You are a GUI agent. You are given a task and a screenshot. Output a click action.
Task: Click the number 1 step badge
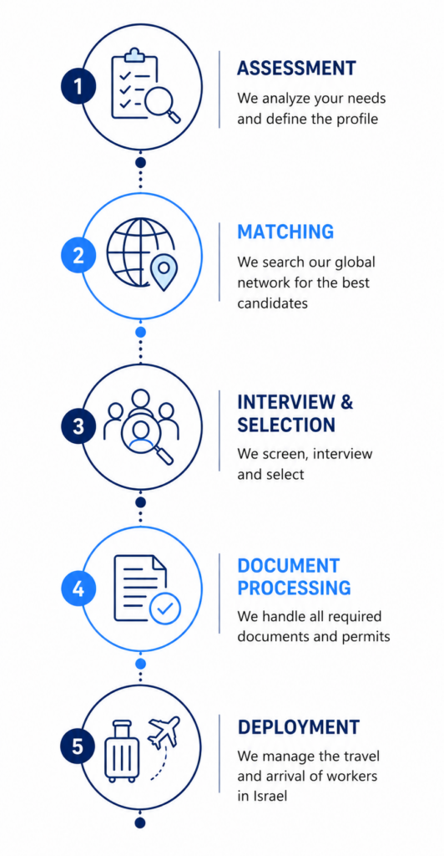(78, 87)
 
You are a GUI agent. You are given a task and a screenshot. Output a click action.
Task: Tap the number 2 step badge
(78, 256)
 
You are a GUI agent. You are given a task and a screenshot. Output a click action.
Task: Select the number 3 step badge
(78, 426)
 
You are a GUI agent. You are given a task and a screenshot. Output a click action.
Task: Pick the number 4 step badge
(78, 588)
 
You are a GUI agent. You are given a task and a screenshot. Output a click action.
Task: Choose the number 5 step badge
(78, 746)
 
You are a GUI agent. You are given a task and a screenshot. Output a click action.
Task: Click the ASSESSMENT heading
(297, 69)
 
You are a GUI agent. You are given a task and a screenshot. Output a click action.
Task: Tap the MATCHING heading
(285, 232)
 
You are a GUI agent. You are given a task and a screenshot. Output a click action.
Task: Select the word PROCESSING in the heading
(294, 588)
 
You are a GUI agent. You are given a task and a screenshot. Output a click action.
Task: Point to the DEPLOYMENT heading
(299, 727)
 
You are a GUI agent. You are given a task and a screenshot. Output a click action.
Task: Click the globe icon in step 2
(139, 252)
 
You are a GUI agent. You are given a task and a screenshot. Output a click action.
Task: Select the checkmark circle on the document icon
(165, 608)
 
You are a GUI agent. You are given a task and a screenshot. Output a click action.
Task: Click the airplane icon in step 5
(164, 732)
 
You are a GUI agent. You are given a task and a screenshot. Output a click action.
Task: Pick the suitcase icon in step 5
(123, 752)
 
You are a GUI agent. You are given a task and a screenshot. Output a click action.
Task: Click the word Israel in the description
(269, 796)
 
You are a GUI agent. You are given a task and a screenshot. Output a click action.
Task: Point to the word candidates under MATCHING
(272, 303)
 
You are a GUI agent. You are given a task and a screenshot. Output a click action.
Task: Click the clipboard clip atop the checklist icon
(134, 54)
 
